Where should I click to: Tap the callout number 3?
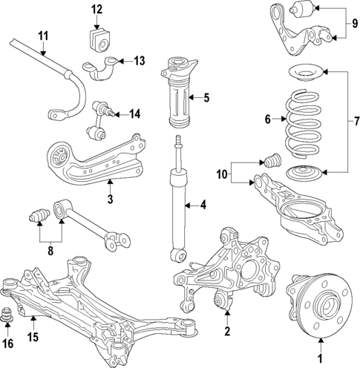coord(109,198)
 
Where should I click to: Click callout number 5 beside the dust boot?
coord(207,97)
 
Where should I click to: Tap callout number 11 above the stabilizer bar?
coord(43,36)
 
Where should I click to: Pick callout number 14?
coord(134,114)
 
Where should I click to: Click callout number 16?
coord(8,343)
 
